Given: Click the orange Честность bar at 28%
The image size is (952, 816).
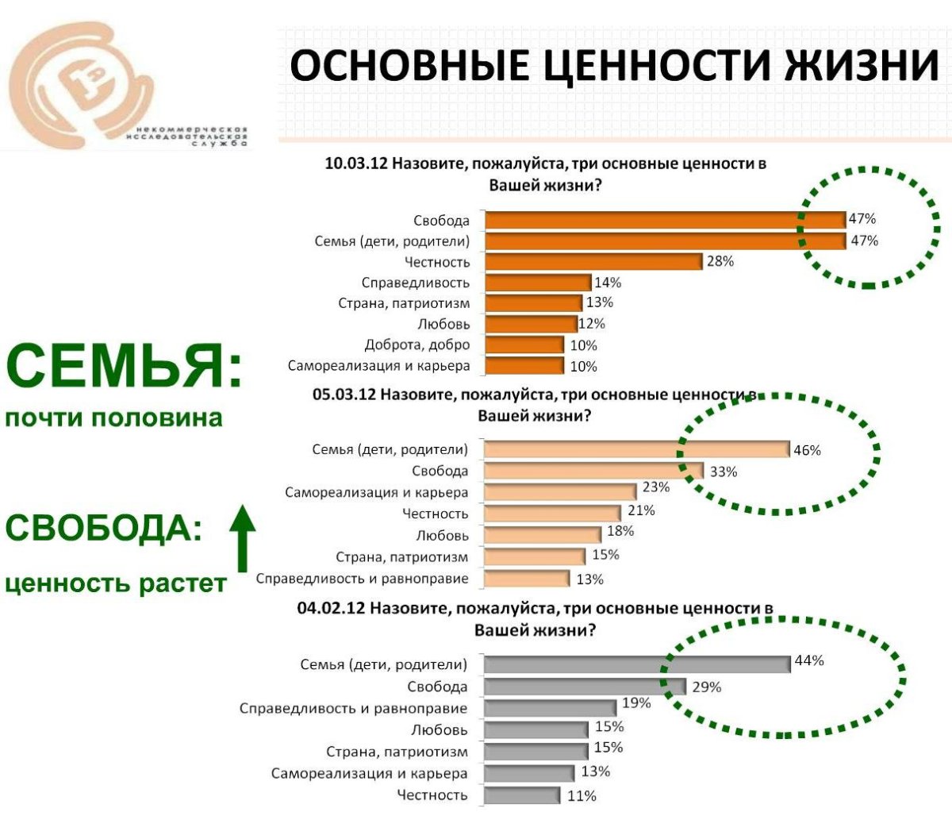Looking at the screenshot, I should click(593, 262).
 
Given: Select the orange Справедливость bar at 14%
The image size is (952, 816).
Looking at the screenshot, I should click(537, 283).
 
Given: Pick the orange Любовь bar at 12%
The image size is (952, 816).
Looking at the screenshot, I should click(530, 324).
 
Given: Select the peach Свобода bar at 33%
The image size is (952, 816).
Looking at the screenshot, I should click(593, 472).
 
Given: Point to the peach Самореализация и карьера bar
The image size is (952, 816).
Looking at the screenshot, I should click(559, 492).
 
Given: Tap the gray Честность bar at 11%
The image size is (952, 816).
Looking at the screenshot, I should click(521, 795).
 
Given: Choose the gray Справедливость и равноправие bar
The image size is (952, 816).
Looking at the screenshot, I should click(549, 707).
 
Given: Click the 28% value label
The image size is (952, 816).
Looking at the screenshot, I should click(720, 261).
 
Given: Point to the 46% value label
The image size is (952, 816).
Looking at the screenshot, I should click(808, 450).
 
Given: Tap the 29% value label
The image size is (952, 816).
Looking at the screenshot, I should click(707, 687).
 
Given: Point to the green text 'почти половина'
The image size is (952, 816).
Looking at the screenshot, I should click(114, 418).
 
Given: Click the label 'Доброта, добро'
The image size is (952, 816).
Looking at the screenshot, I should click(417, 345).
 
